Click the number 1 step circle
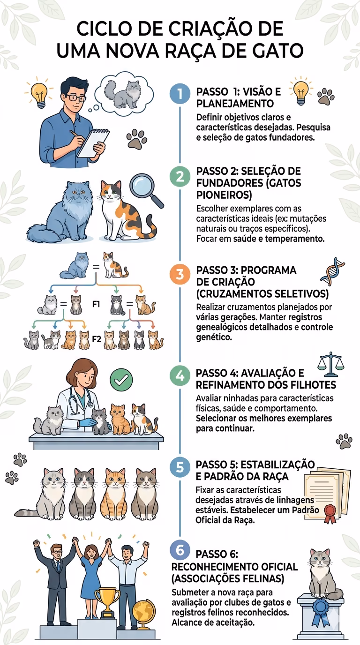pos(180,94)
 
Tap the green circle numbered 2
pos(180,176)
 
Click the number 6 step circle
pos(180,550)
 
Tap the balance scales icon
pos(331,364)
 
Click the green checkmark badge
pos(121,380)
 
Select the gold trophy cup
pos(107,602)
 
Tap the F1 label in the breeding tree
pos(96,304)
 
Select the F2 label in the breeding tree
pos(97,339)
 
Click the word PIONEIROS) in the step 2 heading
pos(224,195)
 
